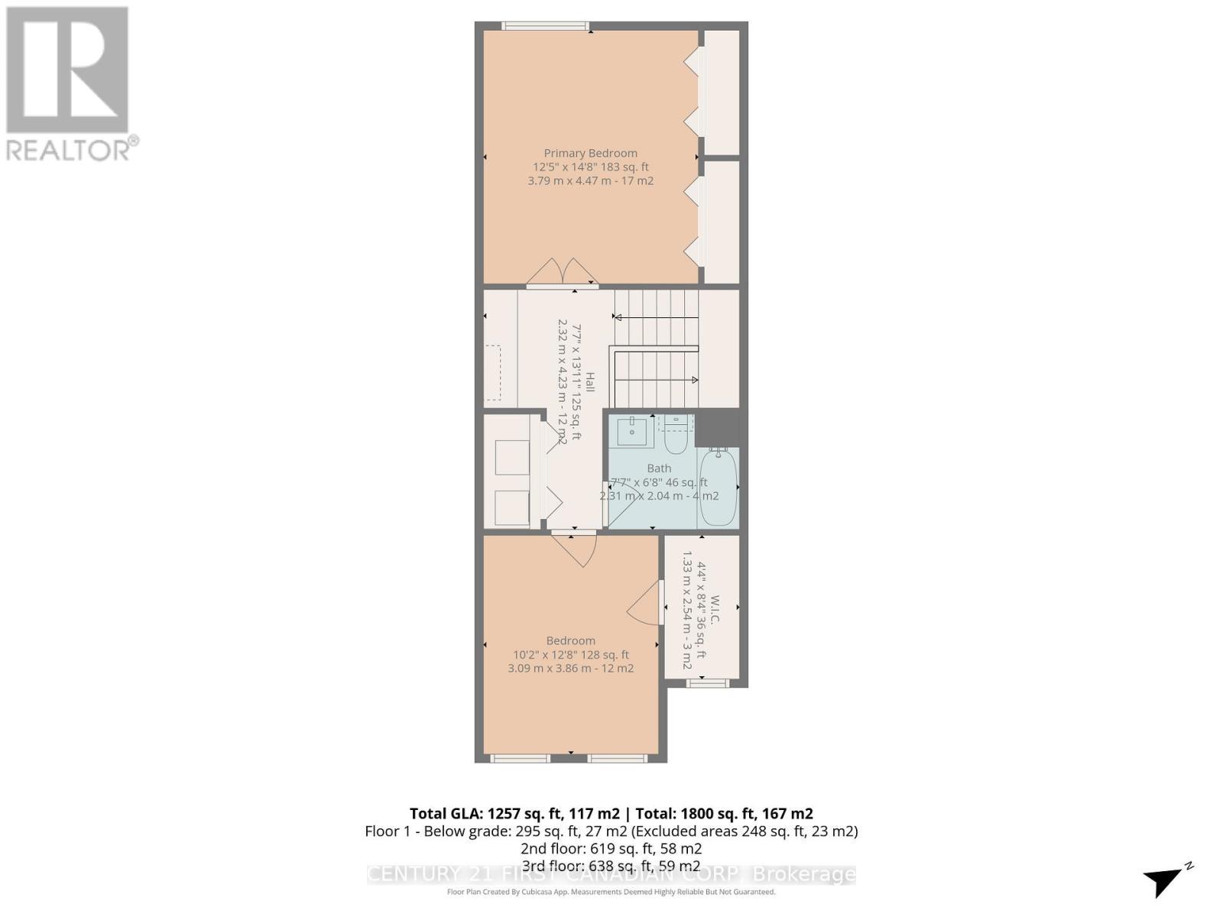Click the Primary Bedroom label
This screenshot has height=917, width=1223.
pos(590,153)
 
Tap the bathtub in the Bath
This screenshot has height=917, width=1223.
pos(718,487)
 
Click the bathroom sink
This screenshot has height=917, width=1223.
pos(632,432)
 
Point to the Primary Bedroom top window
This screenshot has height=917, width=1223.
pos(546,26)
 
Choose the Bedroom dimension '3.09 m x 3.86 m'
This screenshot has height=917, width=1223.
pos(570,668)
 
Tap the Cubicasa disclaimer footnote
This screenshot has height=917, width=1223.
pos(611,892)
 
